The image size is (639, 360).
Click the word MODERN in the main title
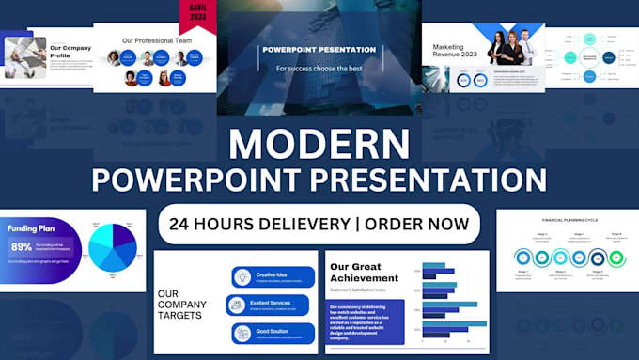(319, 144)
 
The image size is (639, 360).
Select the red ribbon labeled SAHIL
(197, 16)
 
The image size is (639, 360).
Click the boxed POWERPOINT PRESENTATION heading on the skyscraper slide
(319, 50)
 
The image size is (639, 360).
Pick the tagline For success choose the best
(319, 69)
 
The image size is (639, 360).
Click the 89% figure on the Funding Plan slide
(21, 247)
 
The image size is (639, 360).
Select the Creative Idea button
(272, 276)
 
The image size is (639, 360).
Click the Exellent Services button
(272, 305)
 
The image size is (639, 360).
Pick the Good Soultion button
(272, 333)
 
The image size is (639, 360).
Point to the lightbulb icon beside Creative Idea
(242, 276)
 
